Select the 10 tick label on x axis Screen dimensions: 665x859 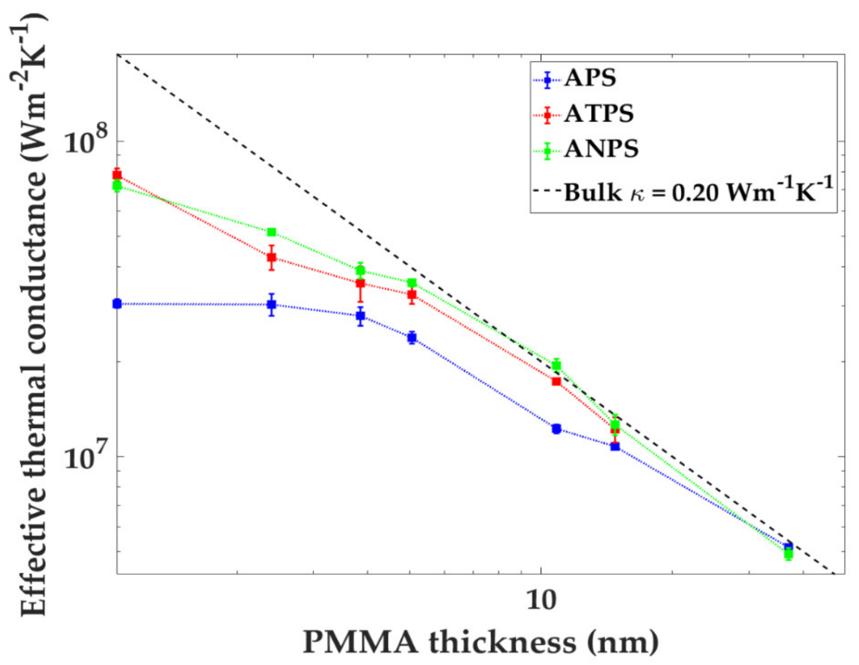pyautogui.click(x=541, y=600)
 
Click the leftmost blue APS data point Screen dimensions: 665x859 pyautogui.click(x=117, y=304)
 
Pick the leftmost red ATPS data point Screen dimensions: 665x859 pyautogui.click(x=117, y=175)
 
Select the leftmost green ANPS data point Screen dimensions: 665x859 pyautogui.click(x=117, y=186)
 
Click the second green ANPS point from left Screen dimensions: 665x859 pyautogui.click(x=271, y=232)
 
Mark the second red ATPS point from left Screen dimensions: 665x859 pyautogui.click(x=271, y=257)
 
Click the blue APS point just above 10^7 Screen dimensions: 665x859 pyautogui.click(x=615, y=446)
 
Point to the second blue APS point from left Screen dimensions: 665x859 pyautogui.click(x=271, y=305)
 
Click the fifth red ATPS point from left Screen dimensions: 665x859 pyautogui.click(x=556, y=381)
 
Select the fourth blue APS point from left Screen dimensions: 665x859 pyautogui.click(x=412, y=337)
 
